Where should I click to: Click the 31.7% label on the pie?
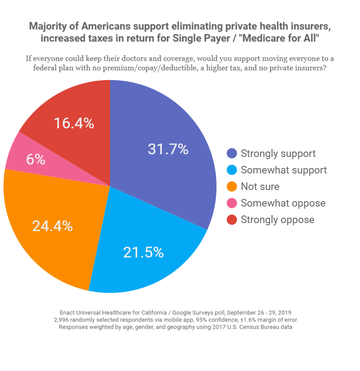[x=168, y=149]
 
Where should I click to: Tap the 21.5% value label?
[x=143, y=253]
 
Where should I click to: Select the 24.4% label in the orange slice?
[x=52, y=226]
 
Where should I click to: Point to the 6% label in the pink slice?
[x=36, y=160]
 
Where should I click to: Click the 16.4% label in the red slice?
[x=74, y=123]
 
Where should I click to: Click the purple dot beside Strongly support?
[x=232, y=154]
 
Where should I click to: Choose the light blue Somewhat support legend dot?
[x=232, y=170]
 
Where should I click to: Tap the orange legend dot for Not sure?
[x=232, y=187]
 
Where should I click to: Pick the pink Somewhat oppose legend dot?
[x=232, y=203]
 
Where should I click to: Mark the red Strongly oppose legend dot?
[x=232, y=220]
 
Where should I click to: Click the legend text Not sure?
[x=260, y=187]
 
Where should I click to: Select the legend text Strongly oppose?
[x=277, y=220]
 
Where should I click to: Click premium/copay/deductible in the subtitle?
[x=165, y=68]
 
